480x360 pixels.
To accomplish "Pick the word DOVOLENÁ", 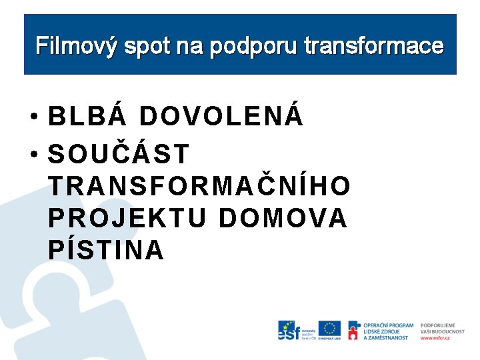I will tap(221, 117).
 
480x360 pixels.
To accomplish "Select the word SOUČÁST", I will tap(119, 154).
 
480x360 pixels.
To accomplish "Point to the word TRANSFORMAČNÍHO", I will tap(199, 187).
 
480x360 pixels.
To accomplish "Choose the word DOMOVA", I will tap(283, 218).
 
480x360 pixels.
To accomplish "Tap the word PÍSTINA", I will tap(106, 250).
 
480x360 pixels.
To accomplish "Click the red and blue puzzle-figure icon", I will tap(353, 330).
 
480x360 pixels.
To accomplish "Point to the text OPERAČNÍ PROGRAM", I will tap(388, 325).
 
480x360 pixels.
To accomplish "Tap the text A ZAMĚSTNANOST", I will tap(385, 338).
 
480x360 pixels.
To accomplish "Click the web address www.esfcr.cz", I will tap(435, 338).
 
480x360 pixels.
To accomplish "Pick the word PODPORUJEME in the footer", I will tap(437, 325).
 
